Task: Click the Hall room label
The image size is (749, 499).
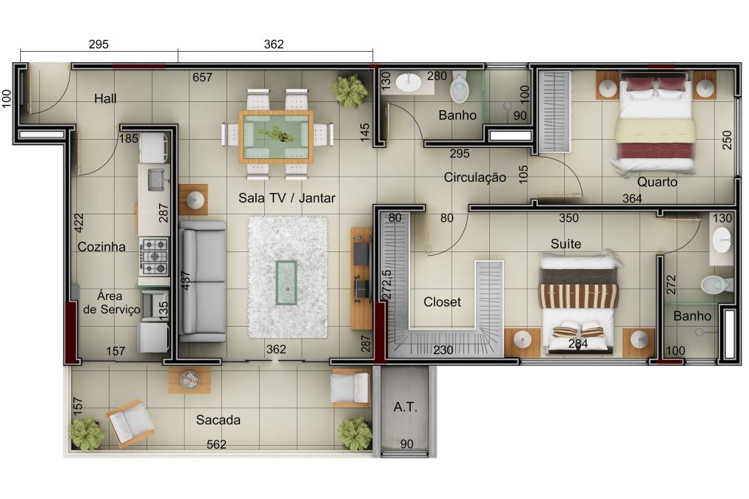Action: click(x=105, y=99)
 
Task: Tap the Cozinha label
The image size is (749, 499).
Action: click(x=101, y=247)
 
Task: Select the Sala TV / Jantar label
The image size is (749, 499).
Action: click(x=286, y=197)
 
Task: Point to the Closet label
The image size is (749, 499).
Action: click(x=442, y=302)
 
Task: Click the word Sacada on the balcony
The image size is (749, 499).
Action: click(x=218, y=420)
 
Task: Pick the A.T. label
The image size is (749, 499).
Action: click(x=405, y=407)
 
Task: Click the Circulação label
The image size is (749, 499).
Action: click(x=474, y=177)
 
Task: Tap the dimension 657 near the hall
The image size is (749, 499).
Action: click(x=202, y=78)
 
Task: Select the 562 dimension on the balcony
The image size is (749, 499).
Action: click(x=216, y=444)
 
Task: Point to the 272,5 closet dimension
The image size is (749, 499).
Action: click(x=387, y=285)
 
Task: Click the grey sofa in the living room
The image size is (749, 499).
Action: click(x=203, y=281)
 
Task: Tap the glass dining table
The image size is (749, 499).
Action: click(x=276, y=137)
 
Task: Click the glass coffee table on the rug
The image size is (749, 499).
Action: click(x=286, y=282)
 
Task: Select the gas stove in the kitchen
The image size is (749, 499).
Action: click(x=154, y=257)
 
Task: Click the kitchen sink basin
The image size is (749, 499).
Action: click(x=155, y=180)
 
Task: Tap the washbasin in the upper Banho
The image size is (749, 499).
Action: click(x=409, y=82)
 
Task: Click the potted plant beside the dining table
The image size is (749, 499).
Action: click(x=350, y=89)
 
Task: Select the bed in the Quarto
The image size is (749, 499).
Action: click(x=655, y=123)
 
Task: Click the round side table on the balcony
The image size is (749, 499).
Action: click(x=189, y=380)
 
